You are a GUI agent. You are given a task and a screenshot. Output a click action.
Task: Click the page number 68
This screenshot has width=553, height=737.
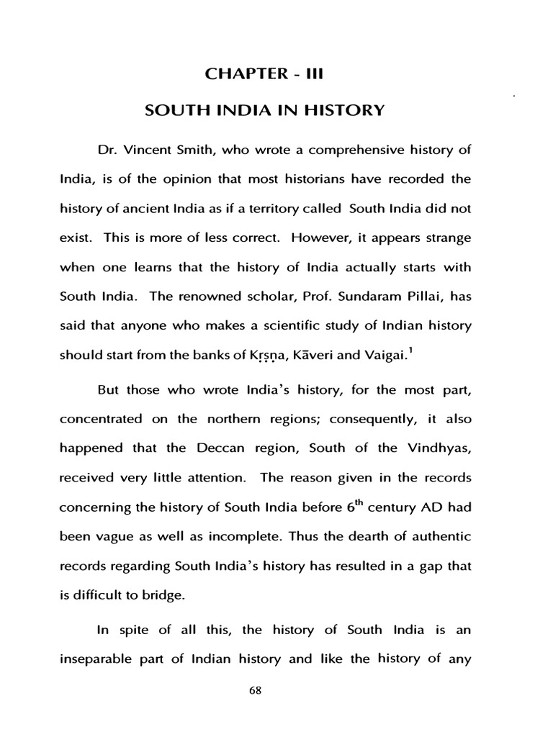coord(276,689)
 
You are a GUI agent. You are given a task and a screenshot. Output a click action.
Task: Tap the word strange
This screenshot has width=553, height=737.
coord(444,237)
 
